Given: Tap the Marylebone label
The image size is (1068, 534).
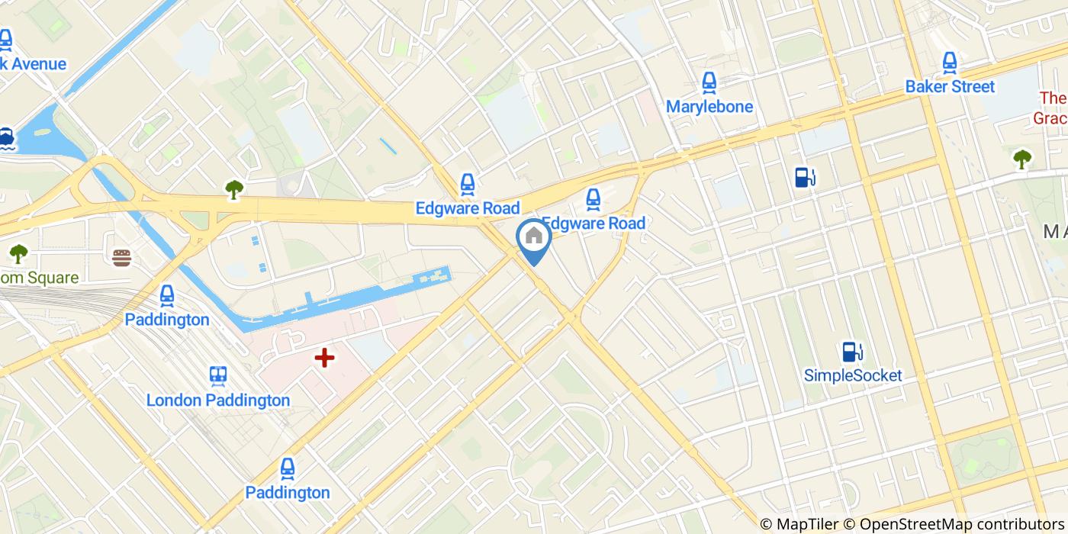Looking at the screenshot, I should [709, 107].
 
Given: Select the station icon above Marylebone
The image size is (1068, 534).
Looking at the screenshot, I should [709, 82].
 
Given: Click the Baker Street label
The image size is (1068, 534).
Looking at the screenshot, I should [950, 87].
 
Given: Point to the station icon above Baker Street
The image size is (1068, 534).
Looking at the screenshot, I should [950, 63].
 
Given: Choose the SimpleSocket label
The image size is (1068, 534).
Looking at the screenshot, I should [853, 375].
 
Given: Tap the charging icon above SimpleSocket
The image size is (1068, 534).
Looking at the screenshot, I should [853, 352].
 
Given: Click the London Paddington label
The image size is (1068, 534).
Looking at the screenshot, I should [218, 400].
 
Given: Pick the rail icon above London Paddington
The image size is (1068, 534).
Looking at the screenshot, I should [218, 376].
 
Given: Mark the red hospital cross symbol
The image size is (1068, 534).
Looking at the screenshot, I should [325, 357].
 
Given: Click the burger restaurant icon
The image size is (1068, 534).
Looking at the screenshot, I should [121, 257].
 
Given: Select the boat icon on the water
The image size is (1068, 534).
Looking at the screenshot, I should [7, 138].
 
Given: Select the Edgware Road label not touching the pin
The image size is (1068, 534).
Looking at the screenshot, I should [467, 208].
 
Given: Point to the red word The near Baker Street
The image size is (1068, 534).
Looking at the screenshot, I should [1053, 98].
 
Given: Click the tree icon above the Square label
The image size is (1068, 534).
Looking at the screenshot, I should [18, 253].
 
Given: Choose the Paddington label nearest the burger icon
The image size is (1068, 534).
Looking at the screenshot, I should [167, 320].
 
